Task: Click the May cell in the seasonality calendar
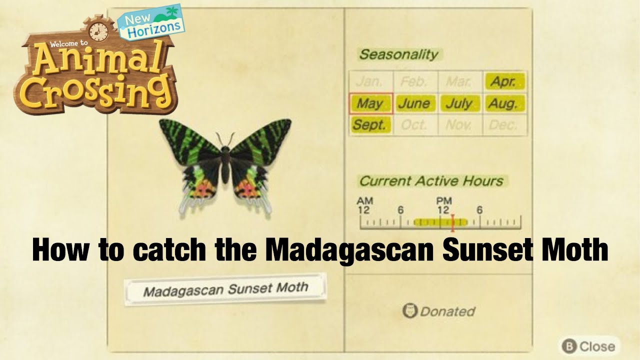pyautogui.click(x=370, y=104)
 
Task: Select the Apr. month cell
pyautogui.click(x=504, y=81)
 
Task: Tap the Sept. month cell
pyautogui.click(x=370, y=125)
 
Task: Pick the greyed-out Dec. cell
pyautogui.click(x=504, y=125)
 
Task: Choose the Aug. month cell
pyautogui.click(x=504, y=104)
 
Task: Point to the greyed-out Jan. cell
pyautogui.click(x=370, y=81)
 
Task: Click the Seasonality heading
pyautogui.click(x=398, y=54)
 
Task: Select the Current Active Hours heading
pyautogui.click(x=431, y=181)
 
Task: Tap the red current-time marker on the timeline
pyautogui.click(x=452, y=222)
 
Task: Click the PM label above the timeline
pyautogui.click(x=443, y=201)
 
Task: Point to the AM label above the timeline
pyautogui.click(x=364, y=201)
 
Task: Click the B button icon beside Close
pyautogui.click(x=568, y=346)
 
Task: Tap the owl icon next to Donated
pyautogui.click(x=409, y=311)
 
